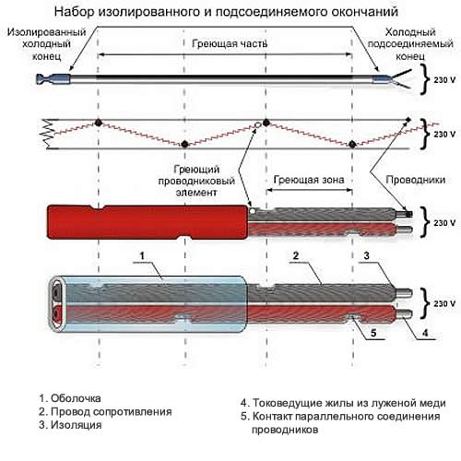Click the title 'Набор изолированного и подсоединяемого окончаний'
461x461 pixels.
pos(226,12)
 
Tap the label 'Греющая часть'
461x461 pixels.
pos(230,43)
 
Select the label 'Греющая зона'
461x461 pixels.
pos(309,180)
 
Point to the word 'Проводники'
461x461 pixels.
pos(416,180)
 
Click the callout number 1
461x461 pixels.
pos(142,255)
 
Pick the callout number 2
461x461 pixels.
pos(296,255)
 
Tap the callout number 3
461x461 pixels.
pos(366,255)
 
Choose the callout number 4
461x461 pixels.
pos(425,333)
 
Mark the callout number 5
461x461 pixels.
pos(373,333)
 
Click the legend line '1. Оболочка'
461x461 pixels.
pos(70,398)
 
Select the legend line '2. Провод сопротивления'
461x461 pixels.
pos(105,412)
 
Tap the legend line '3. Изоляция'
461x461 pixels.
pos(70,425)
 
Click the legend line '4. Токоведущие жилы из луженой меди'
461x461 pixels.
pos(343,403)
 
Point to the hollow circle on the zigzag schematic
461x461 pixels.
pos(258,124)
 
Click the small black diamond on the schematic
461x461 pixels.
pos(408,120)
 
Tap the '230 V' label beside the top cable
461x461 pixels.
pos(444,80)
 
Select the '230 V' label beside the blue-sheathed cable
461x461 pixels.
pos(444,303)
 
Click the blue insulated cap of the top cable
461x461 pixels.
pos(53,79)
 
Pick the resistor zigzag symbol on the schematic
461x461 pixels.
pos(48,134)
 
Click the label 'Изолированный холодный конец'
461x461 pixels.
pos(46,44)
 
